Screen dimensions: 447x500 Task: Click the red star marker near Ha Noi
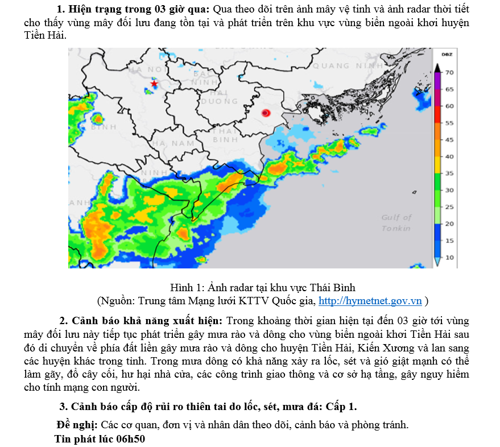(x=154, y=84)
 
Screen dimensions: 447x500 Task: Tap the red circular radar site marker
(x=265, y=113)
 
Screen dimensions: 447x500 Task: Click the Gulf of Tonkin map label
(x=396, y=222)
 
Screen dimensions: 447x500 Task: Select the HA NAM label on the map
(x=173, y=143)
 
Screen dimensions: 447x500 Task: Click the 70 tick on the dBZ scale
(x=449, y=73)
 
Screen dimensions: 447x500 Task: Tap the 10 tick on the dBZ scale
(x=449, y=257)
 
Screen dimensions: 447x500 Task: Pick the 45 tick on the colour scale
(x=449, y=139)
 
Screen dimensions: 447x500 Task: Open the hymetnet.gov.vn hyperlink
(x=370, y=301)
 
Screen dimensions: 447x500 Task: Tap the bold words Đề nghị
(x=77, y=425)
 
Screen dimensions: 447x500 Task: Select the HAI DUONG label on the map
(x=219, y=97)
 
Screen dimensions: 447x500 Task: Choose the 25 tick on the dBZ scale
(x=449, y=207)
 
